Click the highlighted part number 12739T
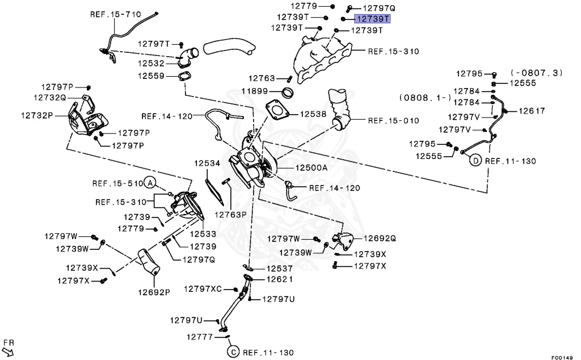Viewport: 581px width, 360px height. (373, 18)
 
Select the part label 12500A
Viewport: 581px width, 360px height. (311, 168)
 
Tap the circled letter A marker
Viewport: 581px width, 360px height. (150, 183)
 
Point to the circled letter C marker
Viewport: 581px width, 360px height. (233, 353)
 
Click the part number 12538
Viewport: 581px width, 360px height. (313, 114)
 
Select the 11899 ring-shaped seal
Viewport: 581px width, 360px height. (288, 92)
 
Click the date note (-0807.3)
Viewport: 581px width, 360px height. (537, 73)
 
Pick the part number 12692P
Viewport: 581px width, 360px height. (153, 292)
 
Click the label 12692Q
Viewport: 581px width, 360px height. (380, 238)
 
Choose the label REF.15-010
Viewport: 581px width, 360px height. (393, 120)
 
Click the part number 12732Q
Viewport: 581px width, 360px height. (50, 98)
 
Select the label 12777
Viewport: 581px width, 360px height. (200, 337)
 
